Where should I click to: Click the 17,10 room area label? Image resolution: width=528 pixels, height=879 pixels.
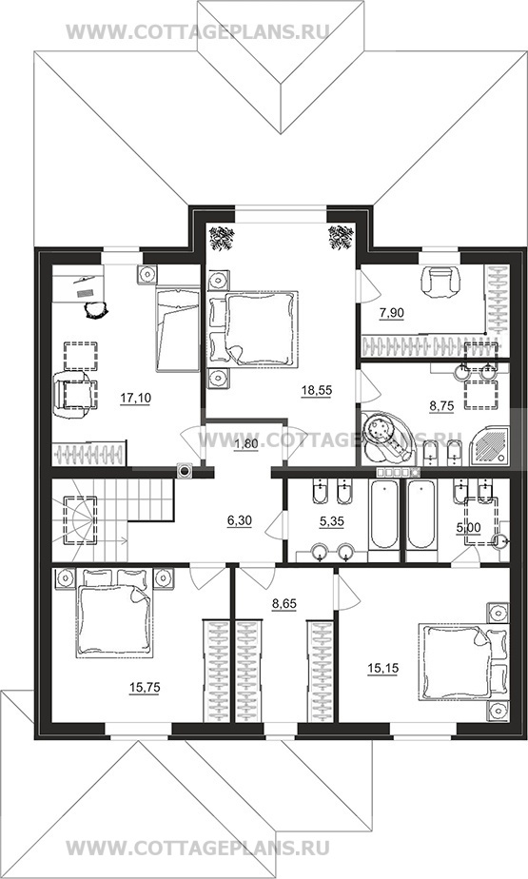point(136,398)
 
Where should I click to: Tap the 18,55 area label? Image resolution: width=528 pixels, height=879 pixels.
point(316,390)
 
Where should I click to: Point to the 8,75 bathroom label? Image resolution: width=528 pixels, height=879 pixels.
point(441,406)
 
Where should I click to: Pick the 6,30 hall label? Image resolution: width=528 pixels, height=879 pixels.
point(240,520)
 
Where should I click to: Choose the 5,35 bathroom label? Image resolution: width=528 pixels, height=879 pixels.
point(331,521)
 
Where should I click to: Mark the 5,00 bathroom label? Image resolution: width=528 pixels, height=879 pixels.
point(469,528)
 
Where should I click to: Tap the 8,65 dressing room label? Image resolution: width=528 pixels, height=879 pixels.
point(284,604)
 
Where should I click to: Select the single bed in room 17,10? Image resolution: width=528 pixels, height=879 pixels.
point(178,329)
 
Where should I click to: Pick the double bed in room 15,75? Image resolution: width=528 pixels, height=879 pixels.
point(114,613)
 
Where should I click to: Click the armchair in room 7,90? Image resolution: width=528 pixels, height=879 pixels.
point(442,283)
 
